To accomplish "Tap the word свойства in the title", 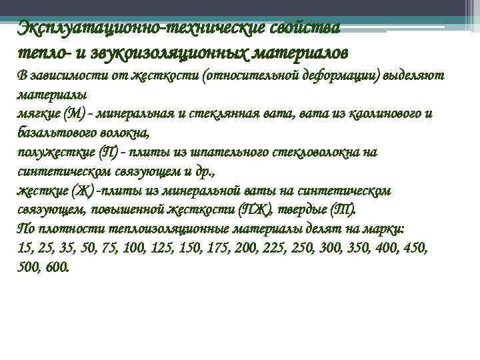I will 306,29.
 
